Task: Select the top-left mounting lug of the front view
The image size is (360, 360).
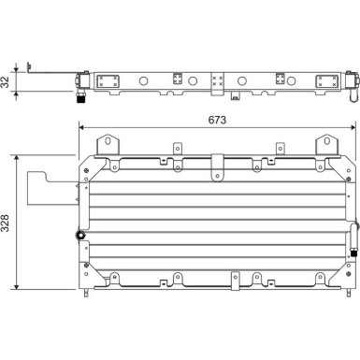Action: [108, 144]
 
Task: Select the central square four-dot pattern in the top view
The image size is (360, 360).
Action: [218, 80]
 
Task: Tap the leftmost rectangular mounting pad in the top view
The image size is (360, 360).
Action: [108, 80]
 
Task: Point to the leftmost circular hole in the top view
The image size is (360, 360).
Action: [143, 80]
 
